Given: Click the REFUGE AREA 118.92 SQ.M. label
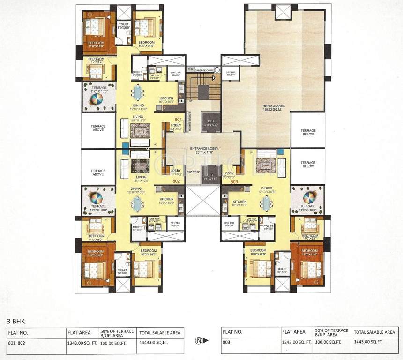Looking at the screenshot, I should pyautogui.click(x=274, y=108).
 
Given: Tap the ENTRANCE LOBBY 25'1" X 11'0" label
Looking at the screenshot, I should pyautogui.click(x=202, y=150).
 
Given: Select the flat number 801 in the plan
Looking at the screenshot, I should pyautogui.click(x=178, y=120).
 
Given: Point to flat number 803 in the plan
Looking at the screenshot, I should pyautogui.click(x=234, y=181).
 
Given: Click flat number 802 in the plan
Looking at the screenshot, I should pyautogui.click(x=176, y=181).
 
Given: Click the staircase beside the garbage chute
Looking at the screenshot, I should pyautogui.click(x=203, y=89).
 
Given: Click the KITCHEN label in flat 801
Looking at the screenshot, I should pyautogui.click(x=166, y=98).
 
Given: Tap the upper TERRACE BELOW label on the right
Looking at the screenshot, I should pyautogui.click(x=308, y=133).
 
